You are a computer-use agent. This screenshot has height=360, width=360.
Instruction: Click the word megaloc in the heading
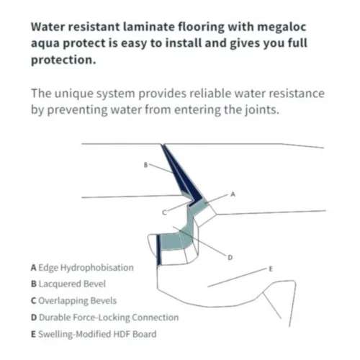point(282,27)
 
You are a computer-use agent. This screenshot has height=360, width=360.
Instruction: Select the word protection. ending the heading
point(63,60)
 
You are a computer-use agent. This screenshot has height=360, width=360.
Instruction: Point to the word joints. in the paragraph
point(262,110)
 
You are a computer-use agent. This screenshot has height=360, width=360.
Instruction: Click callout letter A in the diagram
point(233,194)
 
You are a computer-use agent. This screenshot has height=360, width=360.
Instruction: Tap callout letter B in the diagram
point(145,165)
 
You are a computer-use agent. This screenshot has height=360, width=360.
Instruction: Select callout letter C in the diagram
point(164,212)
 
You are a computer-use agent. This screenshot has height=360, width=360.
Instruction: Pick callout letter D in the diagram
point(230,258)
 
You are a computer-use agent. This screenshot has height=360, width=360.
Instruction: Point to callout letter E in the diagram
point(271,269)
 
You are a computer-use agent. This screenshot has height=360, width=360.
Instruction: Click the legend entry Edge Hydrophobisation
point(82,268)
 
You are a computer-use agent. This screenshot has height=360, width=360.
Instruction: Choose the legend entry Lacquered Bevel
point(68,284)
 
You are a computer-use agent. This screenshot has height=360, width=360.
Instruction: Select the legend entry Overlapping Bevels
point(73,301)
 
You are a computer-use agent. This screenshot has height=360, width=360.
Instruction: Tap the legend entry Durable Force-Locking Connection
point(104,318)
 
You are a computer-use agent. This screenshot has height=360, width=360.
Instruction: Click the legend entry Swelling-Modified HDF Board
point(94,334)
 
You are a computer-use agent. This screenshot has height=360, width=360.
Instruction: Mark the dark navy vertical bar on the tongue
point(159,250)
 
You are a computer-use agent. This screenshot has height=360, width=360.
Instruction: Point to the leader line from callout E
point(238,278)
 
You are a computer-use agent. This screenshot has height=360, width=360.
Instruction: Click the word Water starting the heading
point(48,27)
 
